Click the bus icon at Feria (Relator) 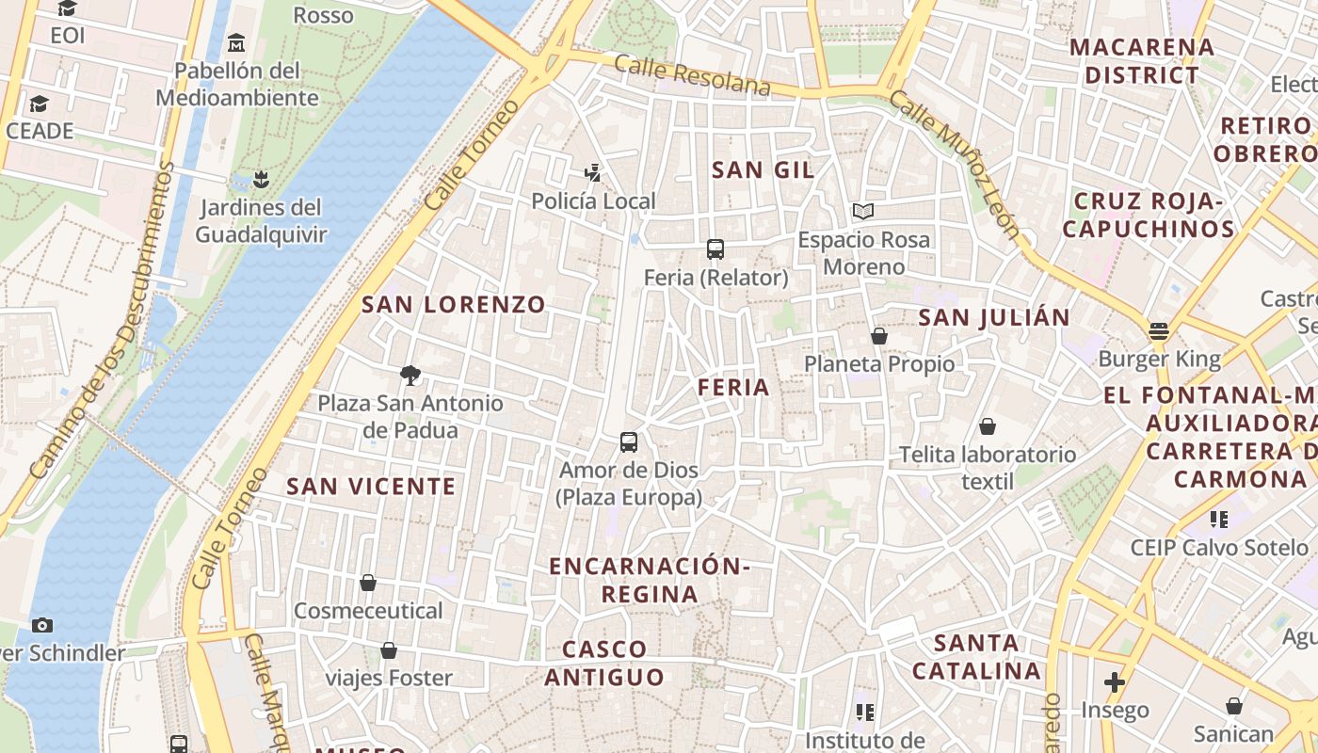coord(715,249)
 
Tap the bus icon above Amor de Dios coord(629,441)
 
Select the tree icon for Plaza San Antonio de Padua coord(410,376)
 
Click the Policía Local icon coord(592,172)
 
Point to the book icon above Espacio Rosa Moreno coord(863,211)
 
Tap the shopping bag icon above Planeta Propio coord(879,336)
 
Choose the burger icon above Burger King coord(1158,330)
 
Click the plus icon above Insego coord(1115,681)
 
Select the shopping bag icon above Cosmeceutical coord(368,583)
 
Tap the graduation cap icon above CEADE coord(39,103)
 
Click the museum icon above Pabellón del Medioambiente coord(236,42)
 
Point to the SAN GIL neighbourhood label coord(763,169)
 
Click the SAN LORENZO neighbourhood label coord(454,304)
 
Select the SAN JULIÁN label coord(994,317)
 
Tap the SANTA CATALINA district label coord(977,657)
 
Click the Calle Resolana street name coord(692,75)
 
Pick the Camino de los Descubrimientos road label coord(102,320)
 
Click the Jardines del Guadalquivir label coord(261,220)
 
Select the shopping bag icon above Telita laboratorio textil coord(988,426)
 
